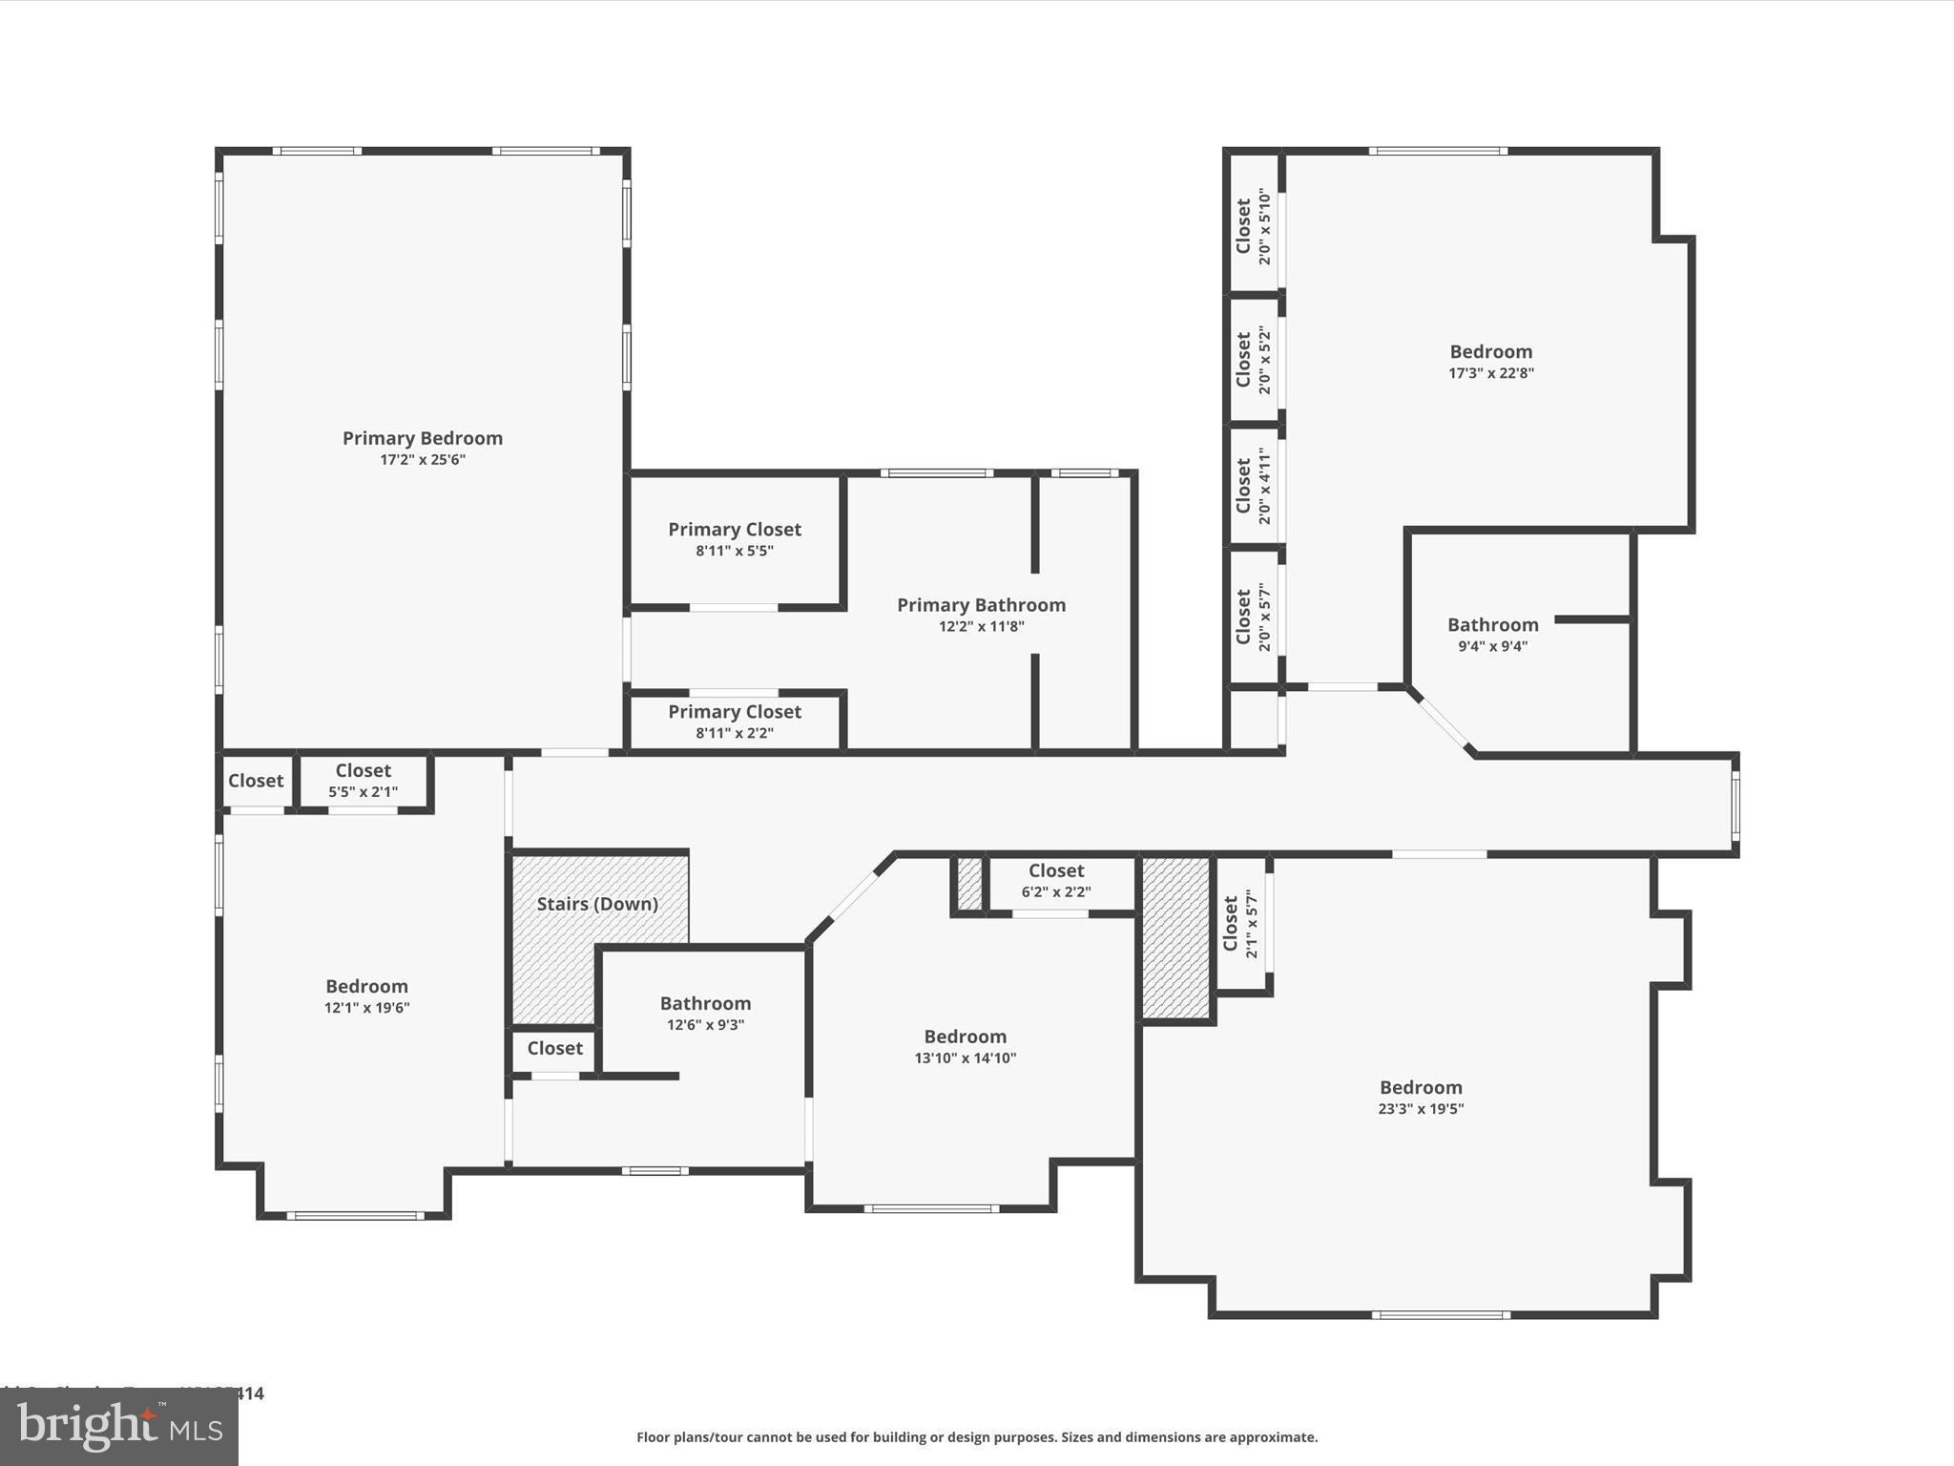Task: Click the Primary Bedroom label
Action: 423,438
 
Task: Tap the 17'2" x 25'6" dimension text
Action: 423,460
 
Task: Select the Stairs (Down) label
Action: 597,904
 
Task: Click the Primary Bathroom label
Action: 981,605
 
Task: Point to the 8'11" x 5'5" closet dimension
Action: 734,551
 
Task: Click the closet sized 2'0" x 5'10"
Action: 1253,226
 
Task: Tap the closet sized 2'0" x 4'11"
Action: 1253,486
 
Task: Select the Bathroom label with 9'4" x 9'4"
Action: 1492,625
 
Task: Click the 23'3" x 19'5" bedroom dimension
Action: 1421,1109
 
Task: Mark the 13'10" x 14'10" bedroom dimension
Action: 965,1058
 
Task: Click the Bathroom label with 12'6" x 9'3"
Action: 705,1004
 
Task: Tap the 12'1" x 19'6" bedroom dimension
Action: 366,1008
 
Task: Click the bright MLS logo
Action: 119,1426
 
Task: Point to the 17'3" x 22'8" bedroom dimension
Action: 1490,373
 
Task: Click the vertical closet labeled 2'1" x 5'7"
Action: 1240,923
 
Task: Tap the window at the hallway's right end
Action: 1735,805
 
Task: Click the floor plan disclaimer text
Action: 977,1437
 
